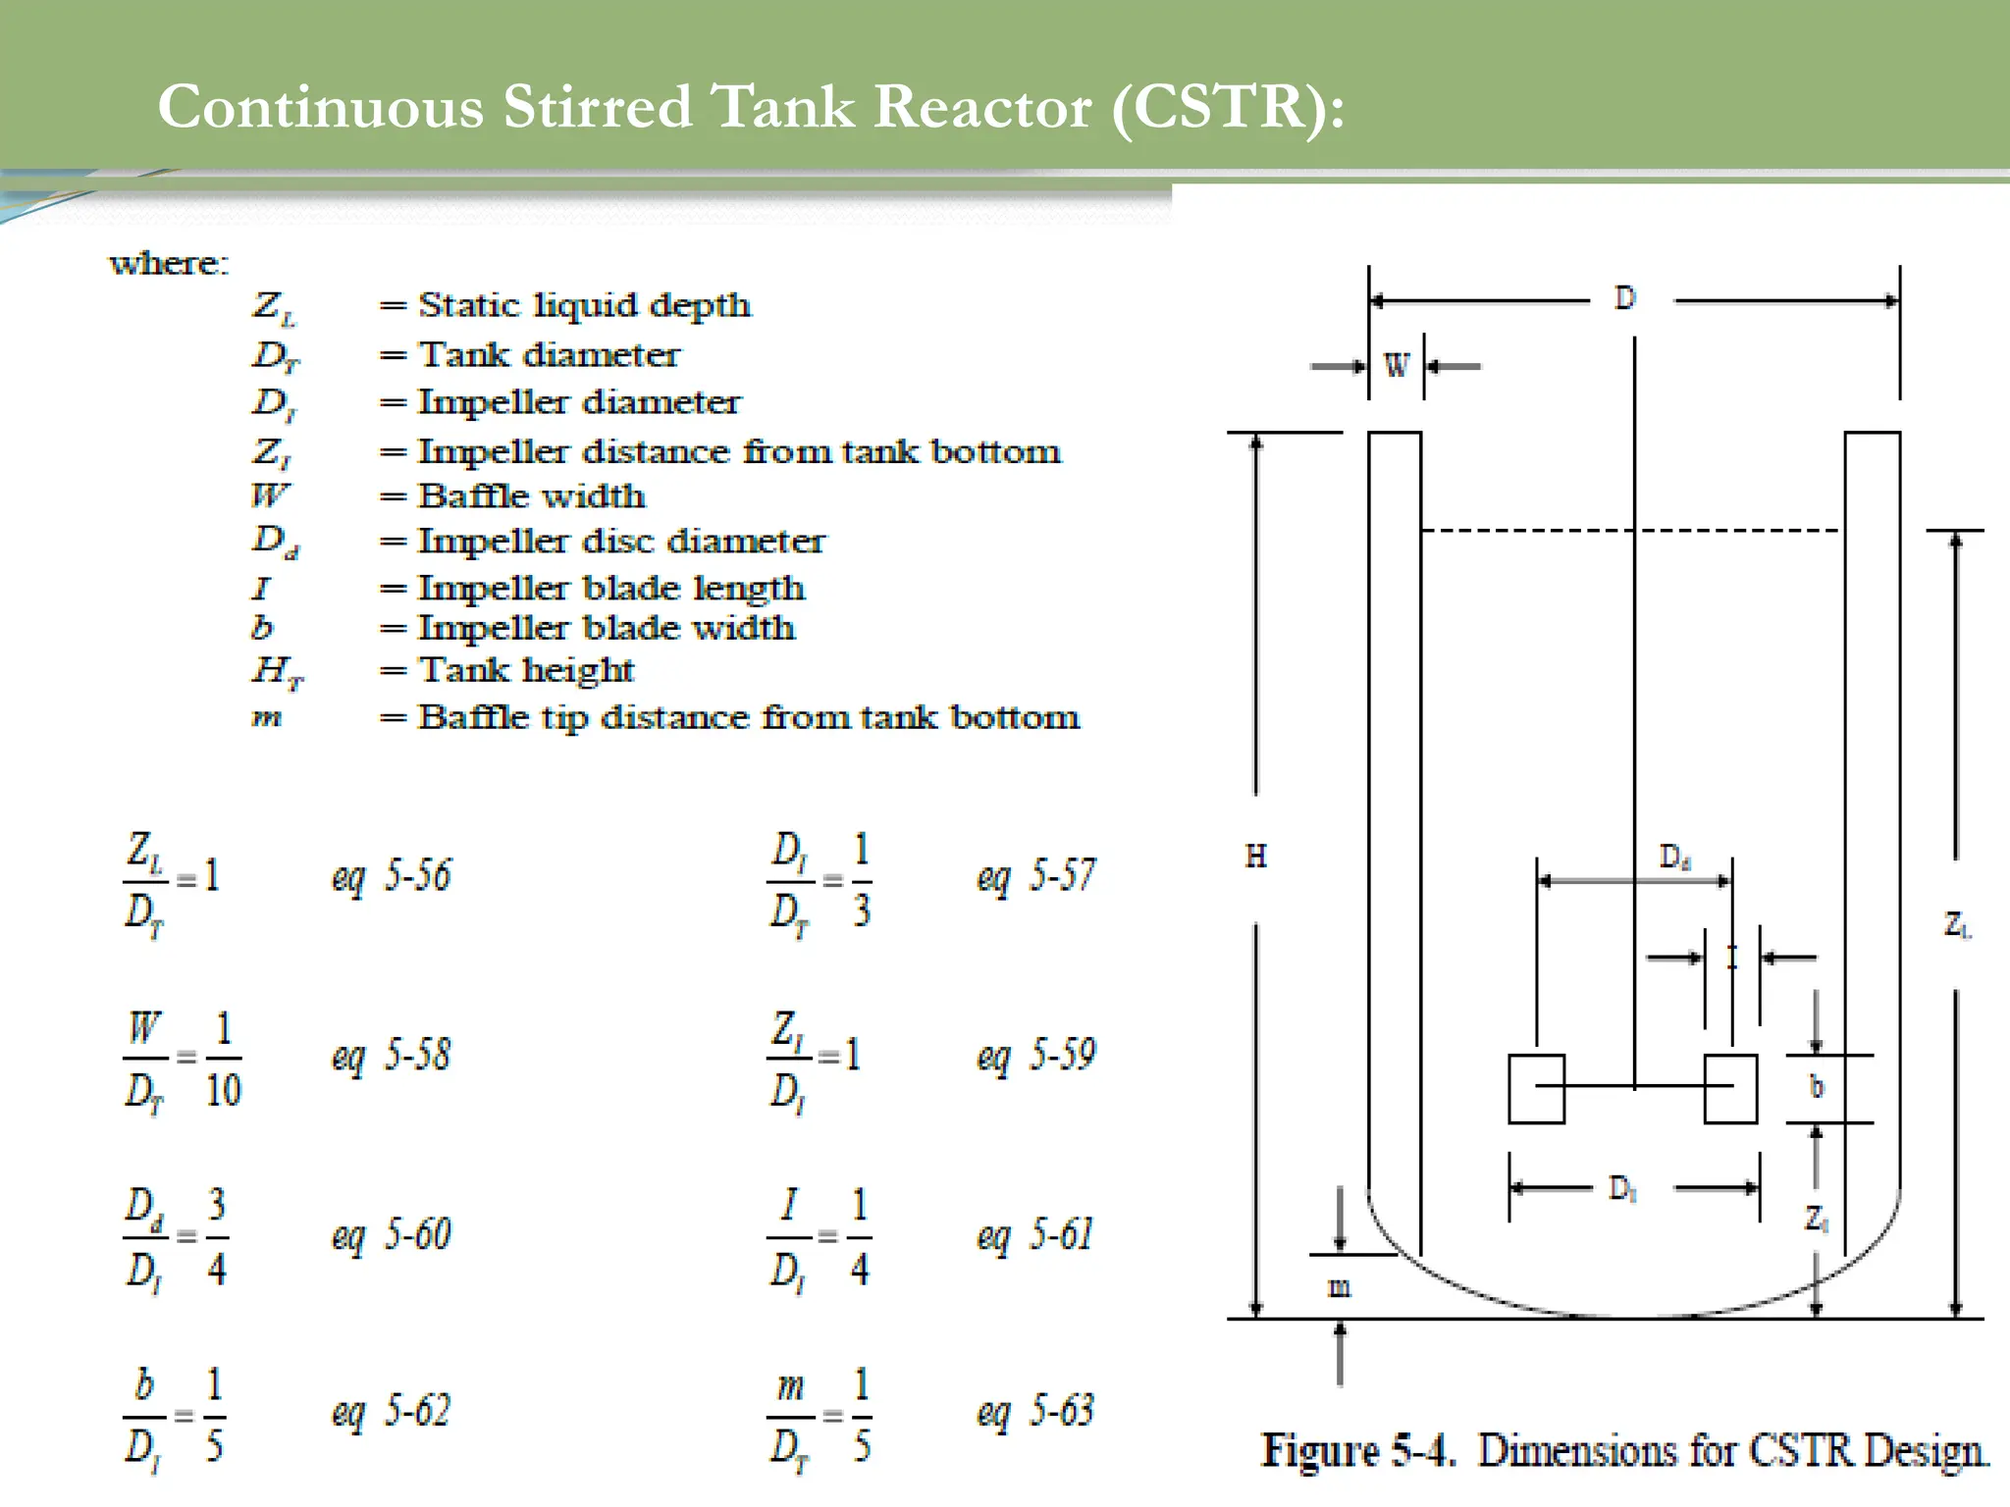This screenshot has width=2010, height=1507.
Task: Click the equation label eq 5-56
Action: click(x=391, y=875)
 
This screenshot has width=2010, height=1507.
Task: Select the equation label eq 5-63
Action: click(x=1034, y=1411)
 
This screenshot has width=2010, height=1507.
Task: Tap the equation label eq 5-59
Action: click(x=1035, y=1055)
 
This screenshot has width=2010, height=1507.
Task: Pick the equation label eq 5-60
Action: click(x=391, y=1235)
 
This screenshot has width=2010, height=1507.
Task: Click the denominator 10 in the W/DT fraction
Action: click(x=223, y=1090)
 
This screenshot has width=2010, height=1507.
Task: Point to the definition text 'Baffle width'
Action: click(x=531, y=496)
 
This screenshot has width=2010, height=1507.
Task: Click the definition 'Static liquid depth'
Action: click(x=584, y=305)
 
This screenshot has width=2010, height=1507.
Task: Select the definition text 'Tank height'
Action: click(x=526, y=670)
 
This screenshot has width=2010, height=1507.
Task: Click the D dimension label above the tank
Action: click(x=1625, y=298)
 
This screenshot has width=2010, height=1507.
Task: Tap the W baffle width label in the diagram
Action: click(x=1396, y=366)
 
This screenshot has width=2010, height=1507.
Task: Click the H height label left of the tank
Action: click(x=1255, y=857)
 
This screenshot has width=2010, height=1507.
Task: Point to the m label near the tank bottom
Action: click(x=1339, y=1287)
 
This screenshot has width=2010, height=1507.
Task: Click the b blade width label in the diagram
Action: click(x=1816, y=1087)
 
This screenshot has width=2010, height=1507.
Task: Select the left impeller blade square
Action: click(x=1536, y=1088)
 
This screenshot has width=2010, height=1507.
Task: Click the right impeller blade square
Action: click(x=1730, y=1088)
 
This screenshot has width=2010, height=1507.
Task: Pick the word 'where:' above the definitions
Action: click(x=168, y=263)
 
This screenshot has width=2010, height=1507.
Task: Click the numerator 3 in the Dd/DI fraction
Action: click(x=217, y=1204)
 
